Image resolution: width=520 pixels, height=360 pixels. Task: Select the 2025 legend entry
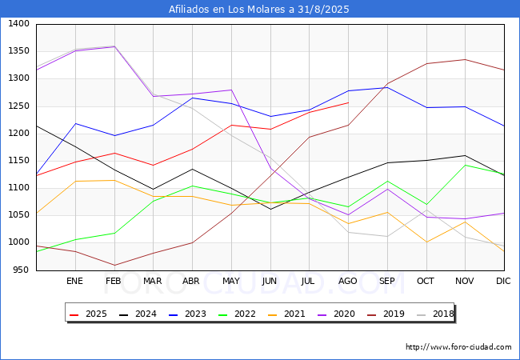88,314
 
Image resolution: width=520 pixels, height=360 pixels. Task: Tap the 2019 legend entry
386,314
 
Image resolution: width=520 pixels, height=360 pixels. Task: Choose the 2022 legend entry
237,314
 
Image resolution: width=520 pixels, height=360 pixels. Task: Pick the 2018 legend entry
435,314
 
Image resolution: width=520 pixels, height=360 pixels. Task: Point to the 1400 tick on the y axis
19,23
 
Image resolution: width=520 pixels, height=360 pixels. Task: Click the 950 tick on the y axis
22,270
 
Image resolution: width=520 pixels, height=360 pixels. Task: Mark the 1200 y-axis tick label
19,134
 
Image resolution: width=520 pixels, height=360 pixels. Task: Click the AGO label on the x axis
347,281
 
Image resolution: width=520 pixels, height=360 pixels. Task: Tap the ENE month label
74,281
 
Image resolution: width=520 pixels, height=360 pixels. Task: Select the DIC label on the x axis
503,281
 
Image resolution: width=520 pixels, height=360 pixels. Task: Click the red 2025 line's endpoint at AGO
349,102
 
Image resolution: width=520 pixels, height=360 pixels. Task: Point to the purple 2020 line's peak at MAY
231,90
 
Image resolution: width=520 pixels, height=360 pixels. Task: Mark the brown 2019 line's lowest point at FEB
114,265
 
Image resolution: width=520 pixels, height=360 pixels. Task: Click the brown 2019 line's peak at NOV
466,60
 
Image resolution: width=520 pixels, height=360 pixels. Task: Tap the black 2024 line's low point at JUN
270,209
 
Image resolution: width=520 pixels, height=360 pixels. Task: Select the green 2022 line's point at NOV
466,165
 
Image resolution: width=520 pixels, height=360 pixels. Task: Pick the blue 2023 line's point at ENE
76,124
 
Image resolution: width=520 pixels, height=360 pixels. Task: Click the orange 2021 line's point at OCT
426,242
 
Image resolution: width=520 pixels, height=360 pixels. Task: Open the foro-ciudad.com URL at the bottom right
458,347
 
